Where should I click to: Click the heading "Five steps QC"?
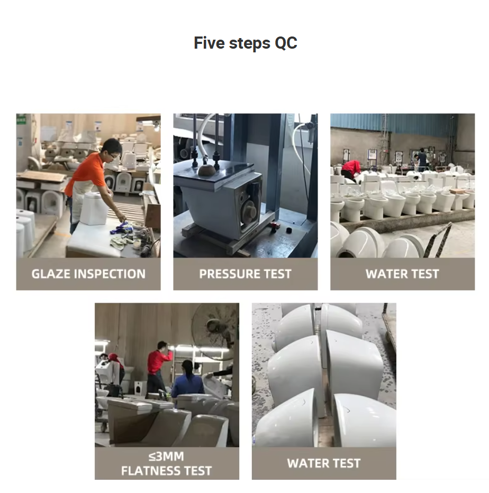click(245, 43)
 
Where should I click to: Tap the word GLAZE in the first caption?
click(51, 274)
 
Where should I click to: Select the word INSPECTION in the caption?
click(110, 274)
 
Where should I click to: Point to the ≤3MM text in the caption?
click(166, 456)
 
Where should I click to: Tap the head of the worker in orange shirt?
click(112, 149)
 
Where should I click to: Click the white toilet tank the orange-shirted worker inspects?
click(94, 208)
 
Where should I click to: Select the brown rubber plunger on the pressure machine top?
click(206, 169)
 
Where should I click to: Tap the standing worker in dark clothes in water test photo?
click(422, 160)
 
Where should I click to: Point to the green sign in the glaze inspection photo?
click(21, 121)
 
